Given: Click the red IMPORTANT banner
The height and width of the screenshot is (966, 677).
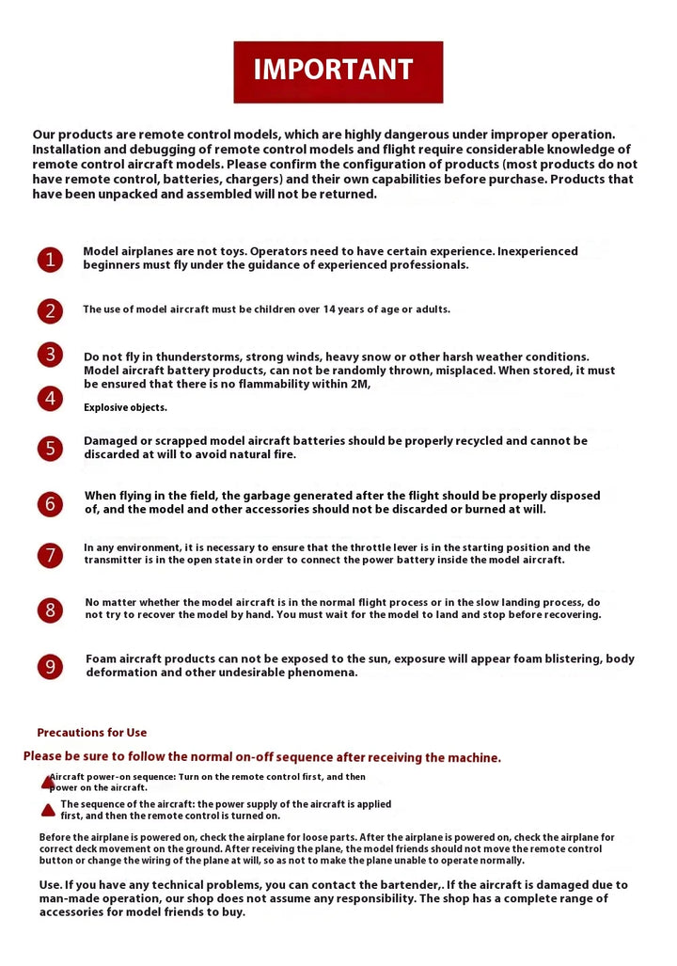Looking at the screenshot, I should (338, 71).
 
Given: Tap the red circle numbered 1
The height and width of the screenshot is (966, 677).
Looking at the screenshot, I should (50, 259).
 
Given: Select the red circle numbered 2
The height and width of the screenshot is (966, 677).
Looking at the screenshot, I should (50, 310).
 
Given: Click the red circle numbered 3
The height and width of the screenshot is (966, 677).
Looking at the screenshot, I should (50, 355).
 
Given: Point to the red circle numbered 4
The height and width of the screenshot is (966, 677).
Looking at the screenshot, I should (50, 399).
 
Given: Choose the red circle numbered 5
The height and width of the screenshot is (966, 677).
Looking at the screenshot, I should (50, 448).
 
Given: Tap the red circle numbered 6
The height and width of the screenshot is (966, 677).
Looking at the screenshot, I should (50, 503).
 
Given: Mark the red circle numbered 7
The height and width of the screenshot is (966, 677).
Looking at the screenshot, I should (50, 555).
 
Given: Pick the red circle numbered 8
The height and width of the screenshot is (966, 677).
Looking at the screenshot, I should (50, 610).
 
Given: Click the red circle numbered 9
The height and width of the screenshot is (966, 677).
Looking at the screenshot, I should (50, 667).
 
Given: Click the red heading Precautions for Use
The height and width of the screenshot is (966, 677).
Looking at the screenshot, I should (92, 733).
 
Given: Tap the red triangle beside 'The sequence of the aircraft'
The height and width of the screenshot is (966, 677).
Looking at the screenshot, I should (48, 810).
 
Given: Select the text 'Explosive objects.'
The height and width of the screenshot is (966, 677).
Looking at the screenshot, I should (125, 407).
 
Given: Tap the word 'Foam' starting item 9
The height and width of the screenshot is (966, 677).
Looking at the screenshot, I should (102, 659).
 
